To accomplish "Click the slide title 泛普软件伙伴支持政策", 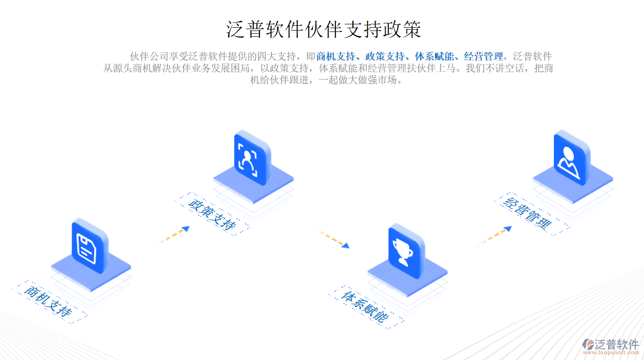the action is (x=323, y=29).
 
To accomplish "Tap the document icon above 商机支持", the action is (x=90, y=246).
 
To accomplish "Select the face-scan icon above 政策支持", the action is (x=252, y=158).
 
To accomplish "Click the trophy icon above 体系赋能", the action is (x=406, y=251).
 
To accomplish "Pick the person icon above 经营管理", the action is (x=572, y=158).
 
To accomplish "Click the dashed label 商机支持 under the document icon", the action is (x=49, y=302).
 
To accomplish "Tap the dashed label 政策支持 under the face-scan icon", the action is (x=212, y=214).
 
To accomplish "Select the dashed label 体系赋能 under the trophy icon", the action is (x=366, y=307).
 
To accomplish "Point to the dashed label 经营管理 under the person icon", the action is (x=531, y=214).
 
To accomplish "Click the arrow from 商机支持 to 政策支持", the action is (x=172, y=237).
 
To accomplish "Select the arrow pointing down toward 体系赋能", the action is (x=332, y=237).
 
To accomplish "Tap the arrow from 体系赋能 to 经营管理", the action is (x=494, y=237).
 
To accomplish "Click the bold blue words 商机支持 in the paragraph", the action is (x=335, y=56).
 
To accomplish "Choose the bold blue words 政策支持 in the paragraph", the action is (x=384, y=56).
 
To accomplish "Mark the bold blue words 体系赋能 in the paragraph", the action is (x=434, y=56).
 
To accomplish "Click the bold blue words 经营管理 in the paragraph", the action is (x=484, y=56).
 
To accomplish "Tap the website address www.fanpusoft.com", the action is (x=611, y=352).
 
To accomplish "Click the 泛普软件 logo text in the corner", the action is (x=617, y=344).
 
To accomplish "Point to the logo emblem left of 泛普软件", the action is (x=588, y=344).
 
